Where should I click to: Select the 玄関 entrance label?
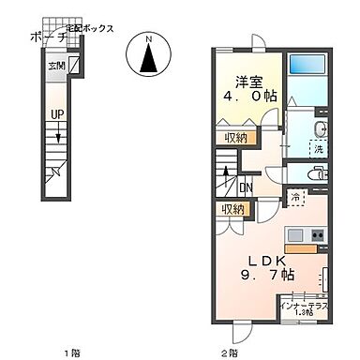point(56,67)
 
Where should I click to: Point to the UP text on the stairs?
point(56,115)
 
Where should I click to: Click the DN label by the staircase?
point(244,186)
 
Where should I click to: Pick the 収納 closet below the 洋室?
point(236,138)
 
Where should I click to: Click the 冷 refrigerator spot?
point(297,198)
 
